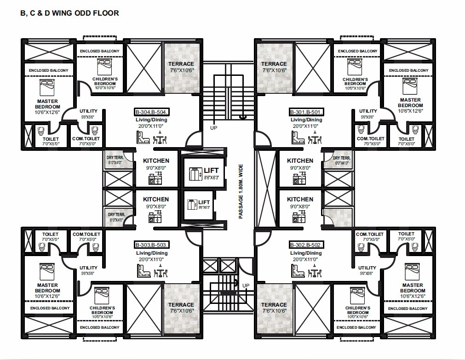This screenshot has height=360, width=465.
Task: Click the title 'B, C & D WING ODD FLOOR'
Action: [x=69, y=13]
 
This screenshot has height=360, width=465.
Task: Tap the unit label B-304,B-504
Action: [x=152, y=112]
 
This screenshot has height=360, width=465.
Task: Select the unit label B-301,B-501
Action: [x=307, y=112]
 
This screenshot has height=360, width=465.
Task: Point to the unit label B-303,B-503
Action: [x=152, y=245]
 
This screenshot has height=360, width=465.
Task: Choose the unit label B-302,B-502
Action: [x=307, y=245]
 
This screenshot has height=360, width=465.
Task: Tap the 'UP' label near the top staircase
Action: [x=213, y=128]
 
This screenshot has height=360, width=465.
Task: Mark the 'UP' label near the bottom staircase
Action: [x=246, y=286]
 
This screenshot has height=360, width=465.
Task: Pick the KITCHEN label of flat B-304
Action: [x=155, y=160]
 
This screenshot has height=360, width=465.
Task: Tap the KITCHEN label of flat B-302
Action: [x=300, y=200]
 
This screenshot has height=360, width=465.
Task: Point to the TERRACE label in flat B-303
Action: [x=181, y=305]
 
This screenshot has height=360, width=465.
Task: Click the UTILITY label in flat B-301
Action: [x=368, y=111]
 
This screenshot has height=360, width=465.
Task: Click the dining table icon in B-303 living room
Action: [x=160, y=272]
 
